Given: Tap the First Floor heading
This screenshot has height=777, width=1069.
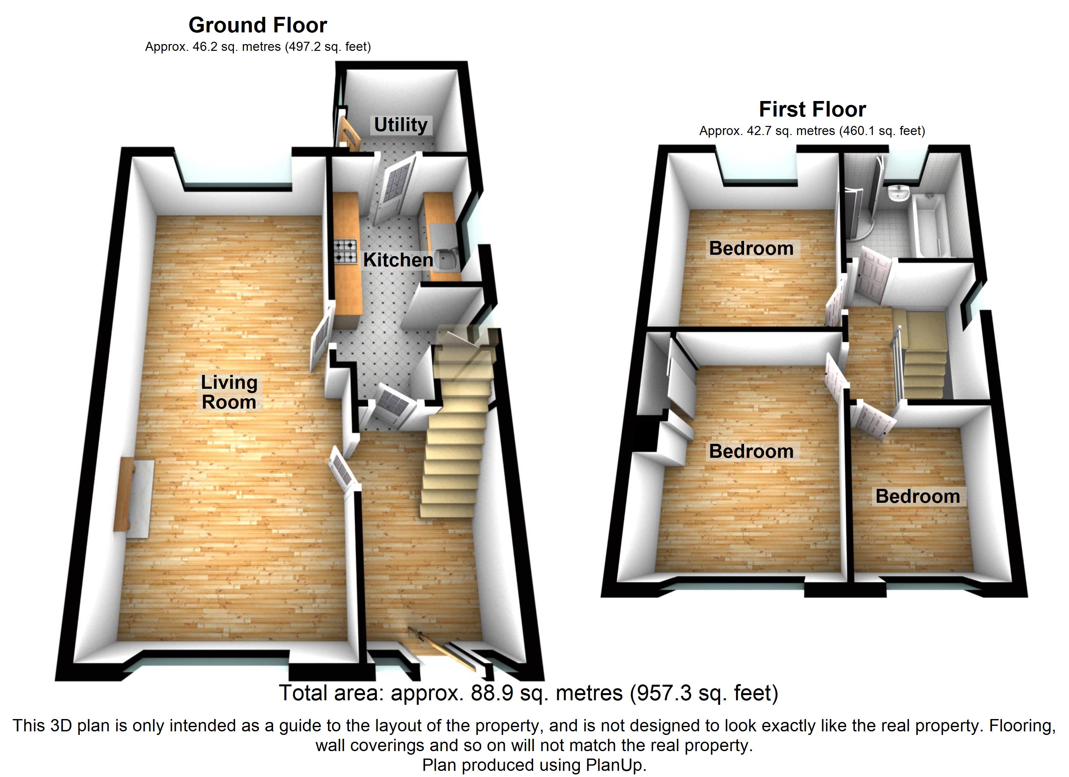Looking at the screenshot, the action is click(x=812, y=109).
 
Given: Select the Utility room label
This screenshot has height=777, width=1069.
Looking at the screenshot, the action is click(x=401, y=125).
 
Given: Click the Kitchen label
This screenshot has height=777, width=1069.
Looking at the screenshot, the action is click(x=398, y=260).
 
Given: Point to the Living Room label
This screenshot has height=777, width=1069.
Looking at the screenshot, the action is click(x=229, y=392).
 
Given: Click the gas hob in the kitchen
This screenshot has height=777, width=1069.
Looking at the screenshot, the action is click(x=346, y=252).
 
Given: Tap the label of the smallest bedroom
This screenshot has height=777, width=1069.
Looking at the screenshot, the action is click(x=917, y=496).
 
